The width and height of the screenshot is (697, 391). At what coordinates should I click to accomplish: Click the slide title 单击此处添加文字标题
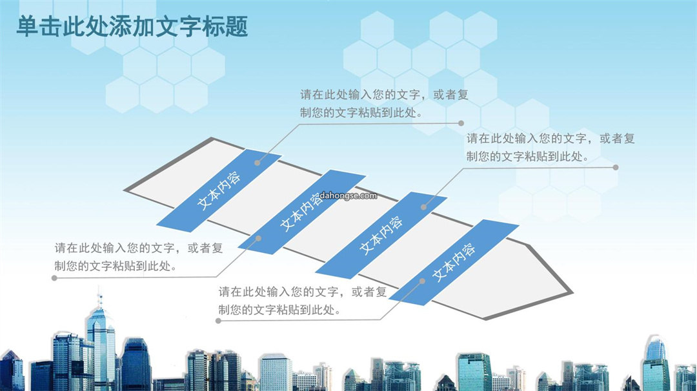click(x=132, y=26)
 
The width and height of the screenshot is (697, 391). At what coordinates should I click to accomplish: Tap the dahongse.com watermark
click(x=348, y=195)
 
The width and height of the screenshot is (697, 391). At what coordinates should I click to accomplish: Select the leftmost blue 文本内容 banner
click(x=219, y=190)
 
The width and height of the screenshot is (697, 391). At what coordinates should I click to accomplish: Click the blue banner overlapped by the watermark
click(x=302, y=212)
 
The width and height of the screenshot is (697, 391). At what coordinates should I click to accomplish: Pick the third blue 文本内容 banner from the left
click(x=381, y=236)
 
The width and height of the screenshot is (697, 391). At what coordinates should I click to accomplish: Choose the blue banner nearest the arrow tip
click(x=454, y=262)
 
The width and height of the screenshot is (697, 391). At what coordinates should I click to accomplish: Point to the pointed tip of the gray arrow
click(x=572, y=293)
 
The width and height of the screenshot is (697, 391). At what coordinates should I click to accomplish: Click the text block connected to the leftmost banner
click(x=384, y=103)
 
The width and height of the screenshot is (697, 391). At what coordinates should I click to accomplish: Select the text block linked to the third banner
click(x=551, y=147)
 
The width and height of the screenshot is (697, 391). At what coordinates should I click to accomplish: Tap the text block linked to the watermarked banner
click(x=139, y=257)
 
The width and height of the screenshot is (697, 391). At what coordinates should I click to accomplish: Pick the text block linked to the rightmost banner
click(x=302, y=301)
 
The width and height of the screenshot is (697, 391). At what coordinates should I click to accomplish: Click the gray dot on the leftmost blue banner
click(x=258, y=163)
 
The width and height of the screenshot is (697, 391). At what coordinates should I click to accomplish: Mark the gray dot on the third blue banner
click(x=423, y=207)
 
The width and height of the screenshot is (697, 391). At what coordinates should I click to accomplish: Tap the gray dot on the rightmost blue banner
click(x=422, y=281)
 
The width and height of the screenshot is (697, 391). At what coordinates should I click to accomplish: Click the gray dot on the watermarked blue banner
click(x=258, y=239)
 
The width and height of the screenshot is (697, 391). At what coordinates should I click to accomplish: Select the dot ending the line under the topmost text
click(x=461, y=123)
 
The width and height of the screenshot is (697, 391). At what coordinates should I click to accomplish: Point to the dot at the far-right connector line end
click(x=616, y=168)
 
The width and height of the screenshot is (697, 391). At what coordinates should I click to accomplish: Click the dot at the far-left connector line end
click(x=54, y=278)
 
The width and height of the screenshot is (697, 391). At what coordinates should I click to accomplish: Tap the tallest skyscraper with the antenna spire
click(x=101, y=342)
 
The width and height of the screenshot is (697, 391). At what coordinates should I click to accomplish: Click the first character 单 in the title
click(x=27, y=26)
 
